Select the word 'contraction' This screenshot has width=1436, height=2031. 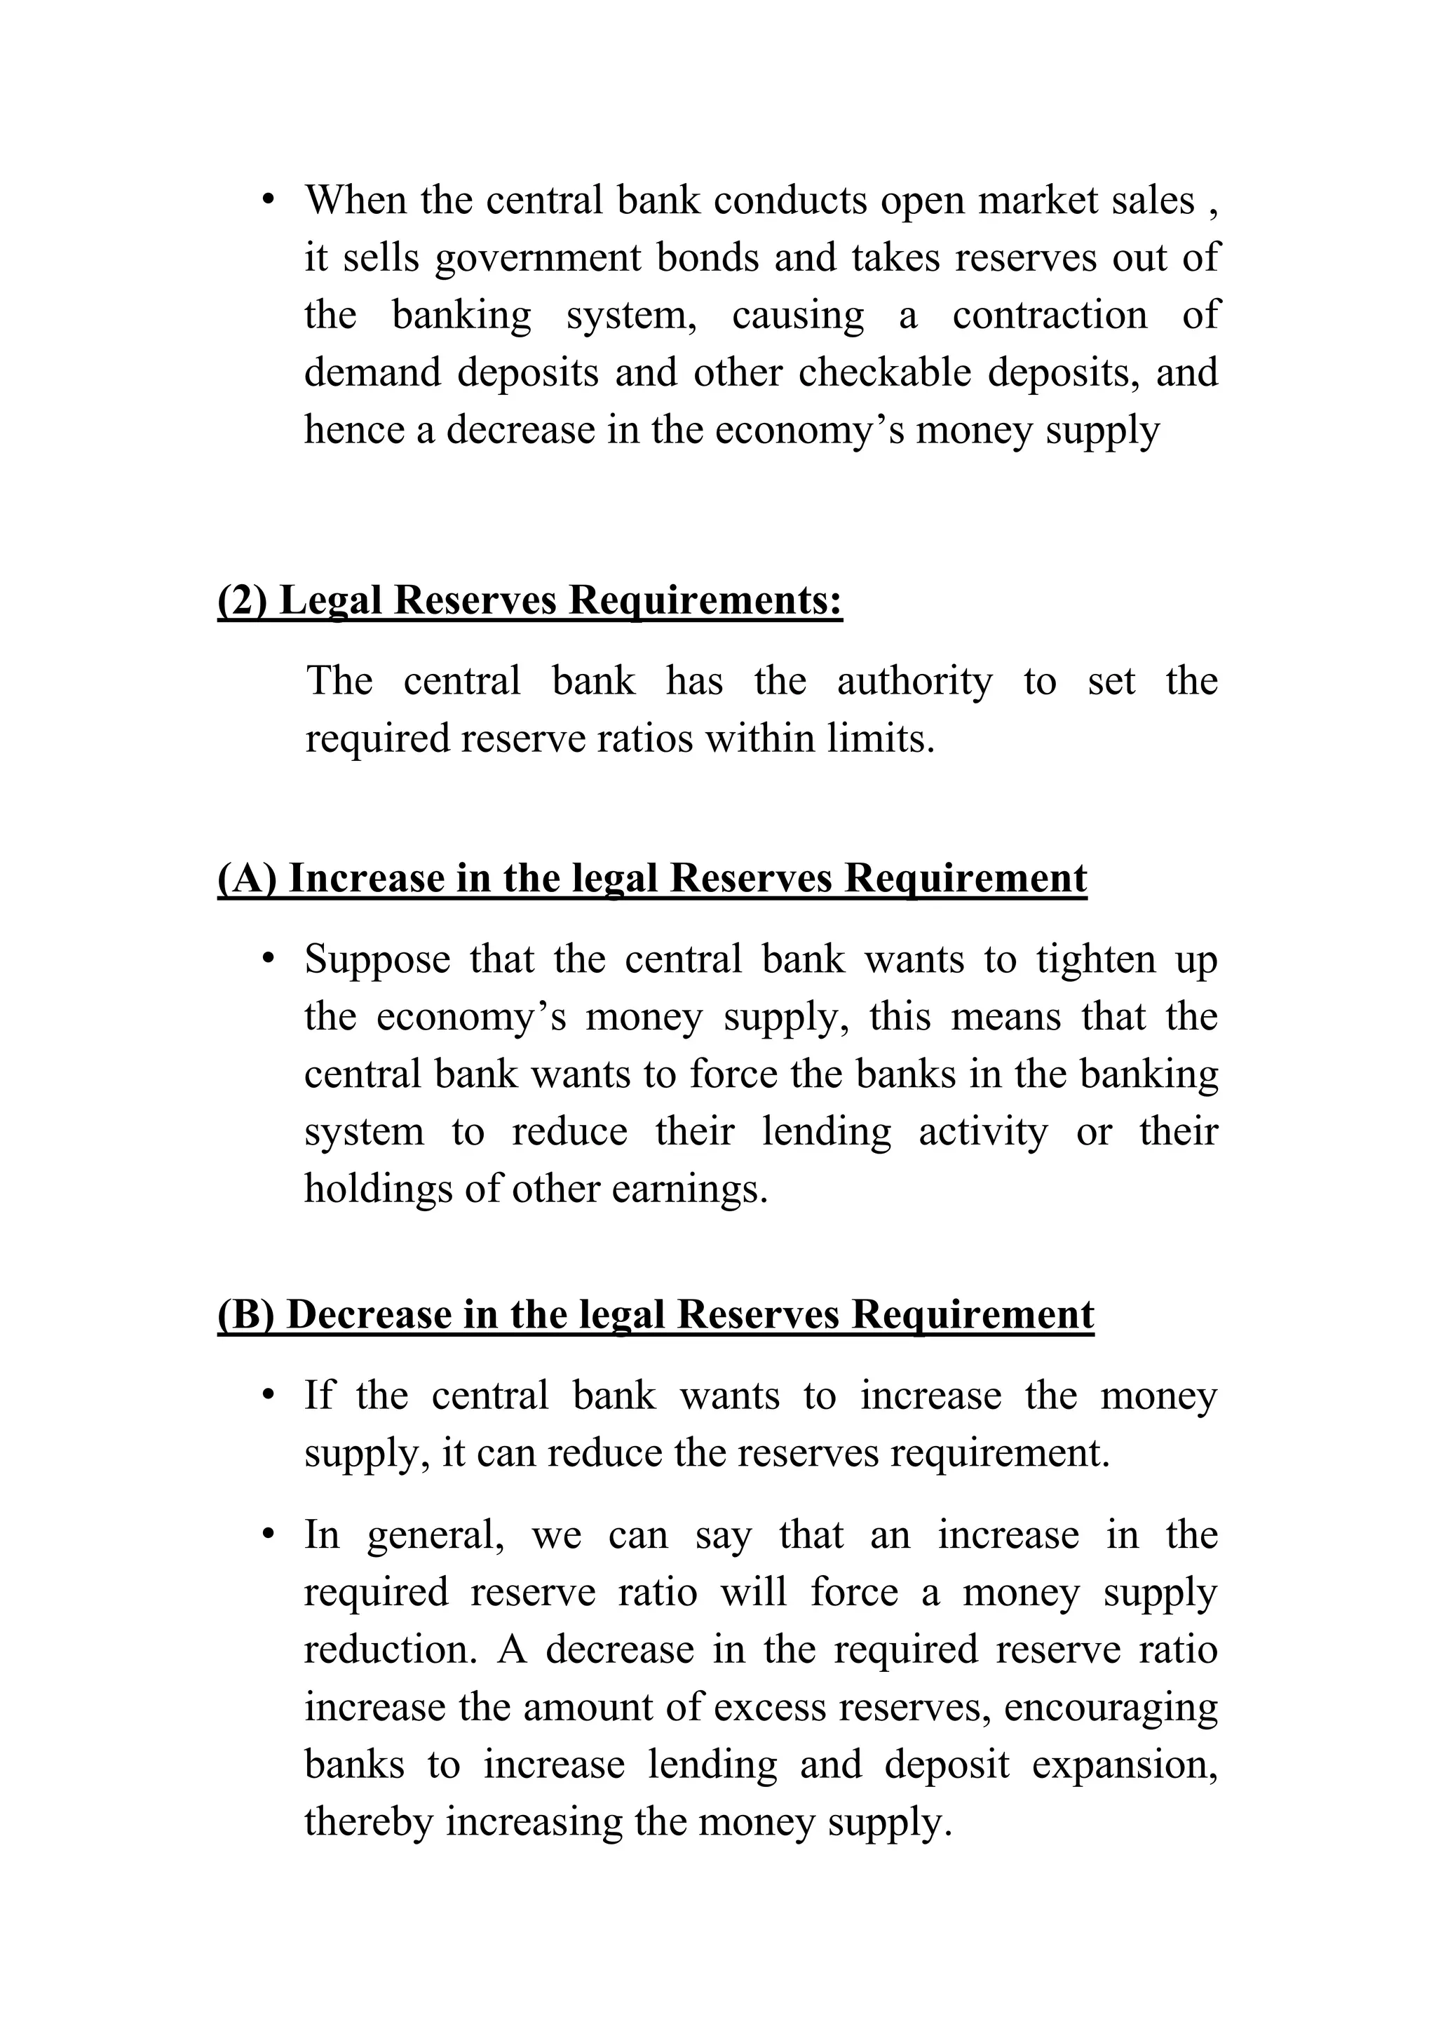[x=1049, y=316]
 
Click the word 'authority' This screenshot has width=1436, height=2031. [x=914, y=681]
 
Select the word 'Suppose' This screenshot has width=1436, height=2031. [x=377, y=960]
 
